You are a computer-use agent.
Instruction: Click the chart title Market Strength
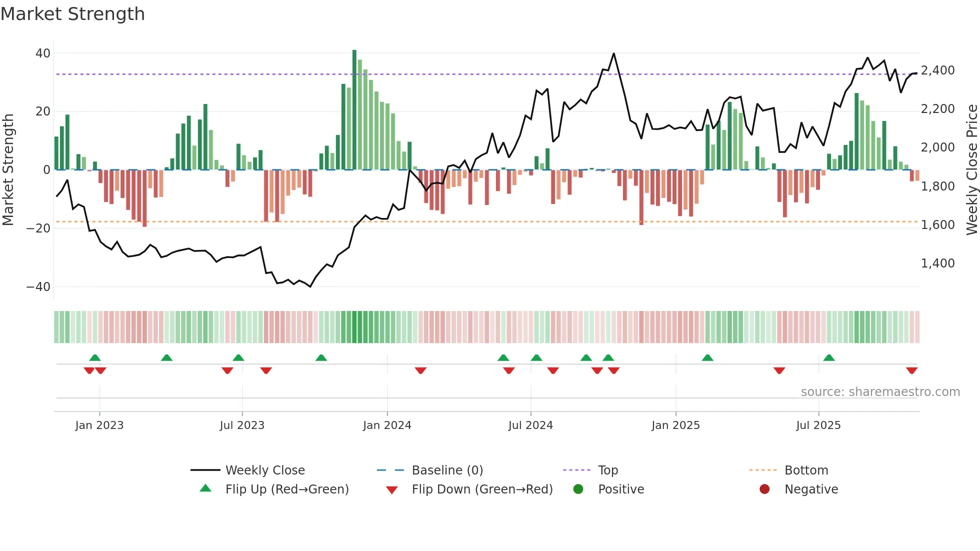[72, 14]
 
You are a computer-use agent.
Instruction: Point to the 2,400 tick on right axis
[937, 70]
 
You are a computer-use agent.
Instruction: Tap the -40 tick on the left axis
[38, 287]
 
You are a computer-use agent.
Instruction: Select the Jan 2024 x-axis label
[387, 425]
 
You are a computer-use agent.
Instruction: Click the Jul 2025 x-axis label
[818, 425]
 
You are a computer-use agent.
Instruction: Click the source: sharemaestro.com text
[880, 392]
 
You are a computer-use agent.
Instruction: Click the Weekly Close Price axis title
[971, 170]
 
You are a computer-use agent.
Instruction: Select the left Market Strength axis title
[8, 170]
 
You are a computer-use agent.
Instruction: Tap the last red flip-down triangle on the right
[911, 370]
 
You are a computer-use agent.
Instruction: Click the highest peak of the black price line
[613, 53]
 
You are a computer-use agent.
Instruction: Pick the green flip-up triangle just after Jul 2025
[829, 357]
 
